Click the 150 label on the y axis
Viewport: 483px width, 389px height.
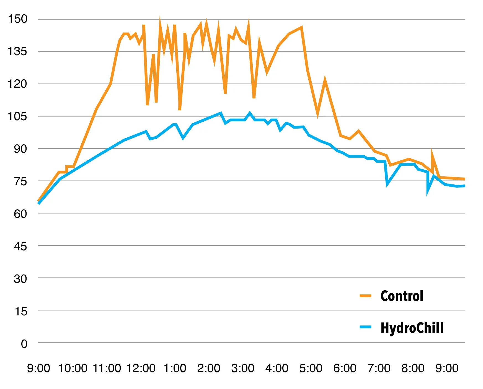point(17,19)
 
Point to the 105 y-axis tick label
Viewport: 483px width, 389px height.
point(17,116)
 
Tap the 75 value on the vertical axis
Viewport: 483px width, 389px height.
point(20,181)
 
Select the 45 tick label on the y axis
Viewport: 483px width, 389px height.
point(20,246)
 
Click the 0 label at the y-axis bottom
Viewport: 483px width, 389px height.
point(24,344)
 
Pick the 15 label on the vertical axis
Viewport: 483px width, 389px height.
point(21,311)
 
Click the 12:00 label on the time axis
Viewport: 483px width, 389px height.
point(141,368)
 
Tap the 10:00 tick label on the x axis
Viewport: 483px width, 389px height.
point(73,368)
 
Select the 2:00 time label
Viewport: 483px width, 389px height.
point(208,368)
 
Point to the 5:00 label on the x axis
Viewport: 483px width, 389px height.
point(311,368)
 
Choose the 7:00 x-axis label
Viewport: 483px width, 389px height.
point(379,368)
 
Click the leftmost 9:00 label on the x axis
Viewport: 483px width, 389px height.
point(38,368)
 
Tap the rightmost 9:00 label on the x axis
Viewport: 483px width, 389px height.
point(447,368)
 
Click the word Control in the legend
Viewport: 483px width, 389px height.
point(402,296)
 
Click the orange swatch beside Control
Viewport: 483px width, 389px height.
point(365,296)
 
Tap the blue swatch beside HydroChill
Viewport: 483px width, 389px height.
point(365,327)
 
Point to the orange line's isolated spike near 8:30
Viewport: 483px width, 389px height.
point(432,152)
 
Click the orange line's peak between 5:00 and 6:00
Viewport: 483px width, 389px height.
point(325,80)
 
